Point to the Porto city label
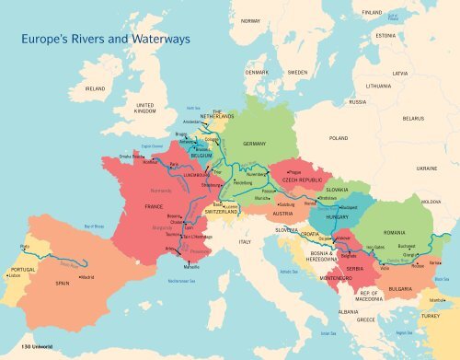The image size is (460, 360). pos(25,247)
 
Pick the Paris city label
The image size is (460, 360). pos(175,164)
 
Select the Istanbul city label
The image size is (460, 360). pos(437,299)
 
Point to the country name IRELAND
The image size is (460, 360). pos(96,88)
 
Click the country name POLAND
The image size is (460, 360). pos(339,137)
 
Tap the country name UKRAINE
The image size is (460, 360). pos(427,168)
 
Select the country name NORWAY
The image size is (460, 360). pos(250,20)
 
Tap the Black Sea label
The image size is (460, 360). pos(441,278)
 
